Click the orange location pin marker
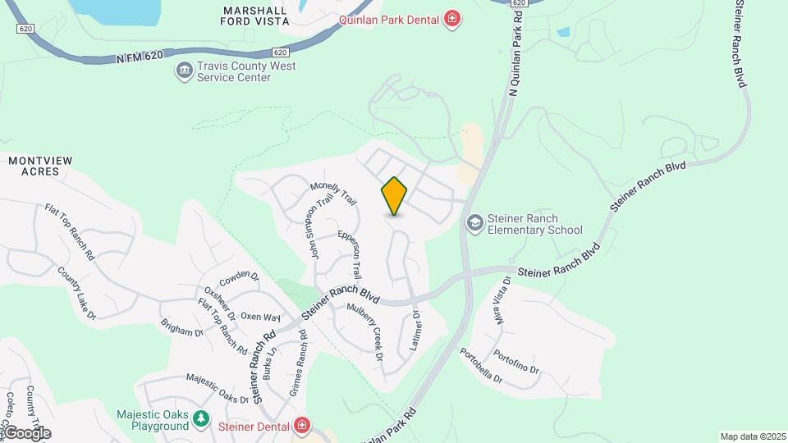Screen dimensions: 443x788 395,195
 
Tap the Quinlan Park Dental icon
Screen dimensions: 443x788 451,18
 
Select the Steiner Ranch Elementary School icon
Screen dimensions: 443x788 474,223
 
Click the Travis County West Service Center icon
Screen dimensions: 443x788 184,71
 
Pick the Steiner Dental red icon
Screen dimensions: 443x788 302,426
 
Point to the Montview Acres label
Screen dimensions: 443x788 34,167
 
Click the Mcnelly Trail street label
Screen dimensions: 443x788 333,194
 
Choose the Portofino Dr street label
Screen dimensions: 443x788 515,362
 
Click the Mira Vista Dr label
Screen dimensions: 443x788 503,300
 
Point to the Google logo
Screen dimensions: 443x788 26,432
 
